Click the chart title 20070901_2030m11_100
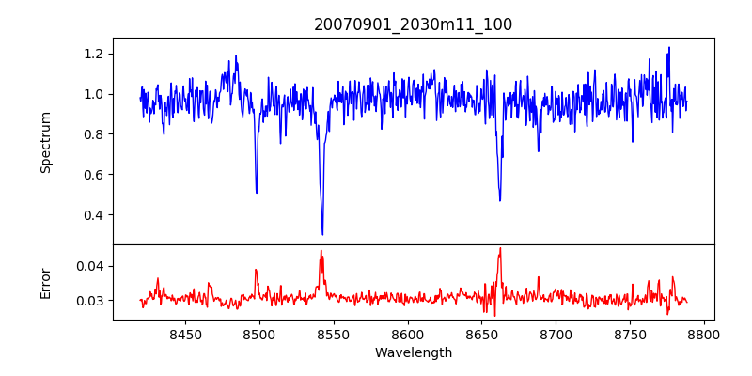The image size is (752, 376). (x=414, y=24)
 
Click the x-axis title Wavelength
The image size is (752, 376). (x=414, y=352)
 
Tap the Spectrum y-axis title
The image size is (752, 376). (x=45, y=142)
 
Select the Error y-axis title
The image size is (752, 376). (x=45, y=282)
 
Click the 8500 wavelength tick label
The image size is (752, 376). (x=259, y=334)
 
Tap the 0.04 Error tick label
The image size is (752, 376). (x=91, y=266)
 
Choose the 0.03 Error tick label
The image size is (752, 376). (x=91, y=301)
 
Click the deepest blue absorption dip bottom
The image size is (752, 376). (x=322, y=234)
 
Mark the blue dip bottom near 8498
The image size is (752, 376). (x=257, y=193)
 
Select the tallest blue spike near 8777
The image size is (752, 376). (x=669, y=48)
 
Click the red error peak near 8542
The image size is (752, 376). (x=321, y=251)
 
